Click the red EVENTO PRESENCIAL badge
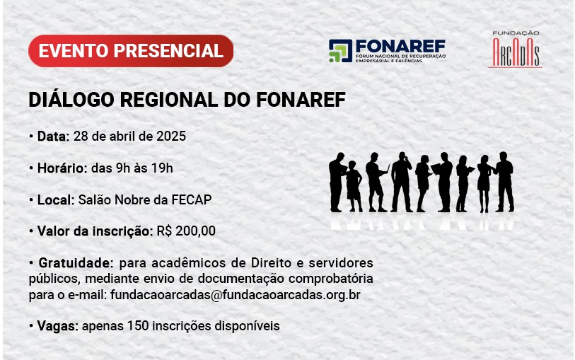131,51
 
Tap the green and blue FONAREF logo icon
340,51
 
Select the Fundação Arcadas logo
515,49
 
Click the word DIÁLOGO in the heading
71,99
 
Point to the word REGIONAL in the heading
169,100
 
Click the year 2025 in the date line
171,136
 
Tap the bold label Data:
53,136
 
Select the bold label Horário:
62,168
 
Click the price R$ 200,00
186,231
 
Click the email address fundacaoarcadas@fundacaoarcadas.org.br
236,295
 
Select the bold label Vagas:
58,326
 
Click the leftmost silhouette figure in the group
337,182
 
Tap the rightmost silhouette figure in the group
504,182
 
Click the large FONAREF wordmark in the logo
400,47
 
